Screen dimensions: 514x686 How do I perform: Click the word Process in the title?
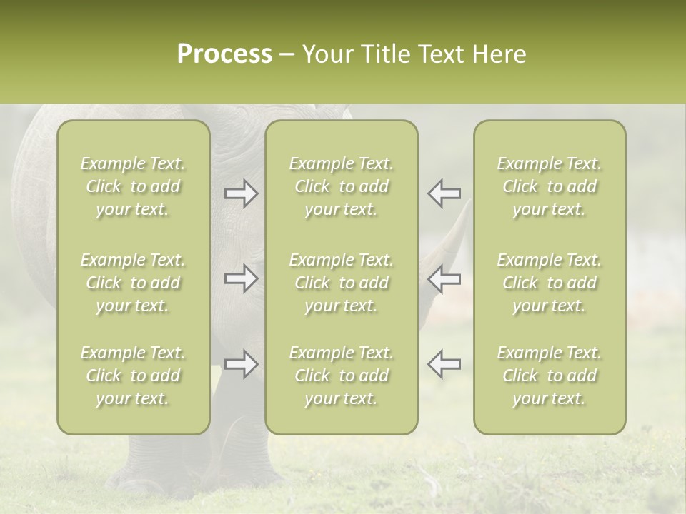click(x=224, y=54)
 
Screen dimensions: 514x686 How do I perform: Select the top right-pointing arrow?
click(x=242, y=193)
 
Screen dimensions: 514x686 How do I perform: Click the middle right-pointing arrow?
click(x=242, y=278)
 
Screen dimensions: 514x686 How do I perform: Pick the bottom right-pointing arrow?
click(x=242, y=364)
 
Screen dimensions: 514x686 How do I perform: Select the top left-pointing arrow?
click(x=444, y=193)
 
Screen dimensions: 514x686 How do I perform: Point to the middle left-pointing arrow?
click(x=444, y=278)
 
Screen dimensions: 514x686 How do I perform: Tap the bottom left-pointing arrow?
click(x=444, y=364)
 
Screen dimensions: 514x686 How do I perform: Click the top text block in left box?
click(x=133, y=186)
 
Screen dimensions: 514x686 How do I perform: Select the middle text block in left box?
click(x=133, y=283)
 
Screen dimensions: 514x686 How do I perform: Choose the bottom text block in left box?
click(x=133, y=376)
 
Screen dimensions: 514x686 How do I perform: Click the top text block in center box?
click(x=342, y=186)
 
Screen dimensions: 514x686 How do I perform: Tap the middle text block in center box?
click(x=342, y=283)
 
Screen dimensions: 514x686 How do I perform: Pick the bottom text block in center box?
click(x=342, y=376)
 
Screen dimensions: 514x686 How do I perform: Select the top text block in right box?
click(x=550, y=186)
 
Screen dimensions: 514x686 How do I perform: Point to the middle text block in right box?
click(x=550, y=283)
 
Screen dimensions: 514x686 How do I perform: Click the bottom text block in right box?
click(x=550, y=376)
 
